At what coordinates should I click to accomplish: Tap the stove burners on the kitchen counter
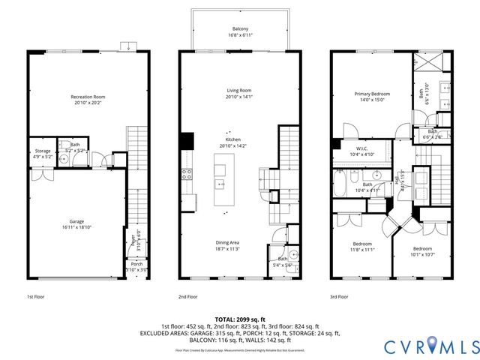click(x=185, y=174)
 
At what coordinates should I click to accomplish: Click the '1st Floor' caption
click(x=35, y=296)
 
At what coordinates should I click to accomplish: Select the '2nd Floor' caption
click(x=188, y=296)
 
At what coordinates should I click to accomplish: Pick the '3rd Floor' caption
click(x=340, y=296)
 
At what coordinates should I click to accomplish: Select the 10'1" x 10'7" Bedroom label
click(x=421, y=250)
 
